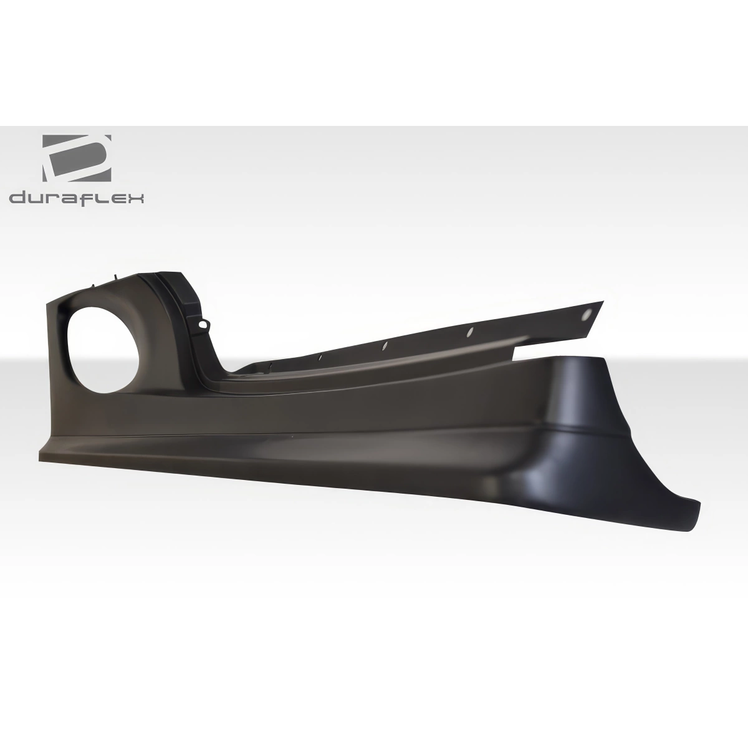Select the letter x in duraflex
pos(137,198)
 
